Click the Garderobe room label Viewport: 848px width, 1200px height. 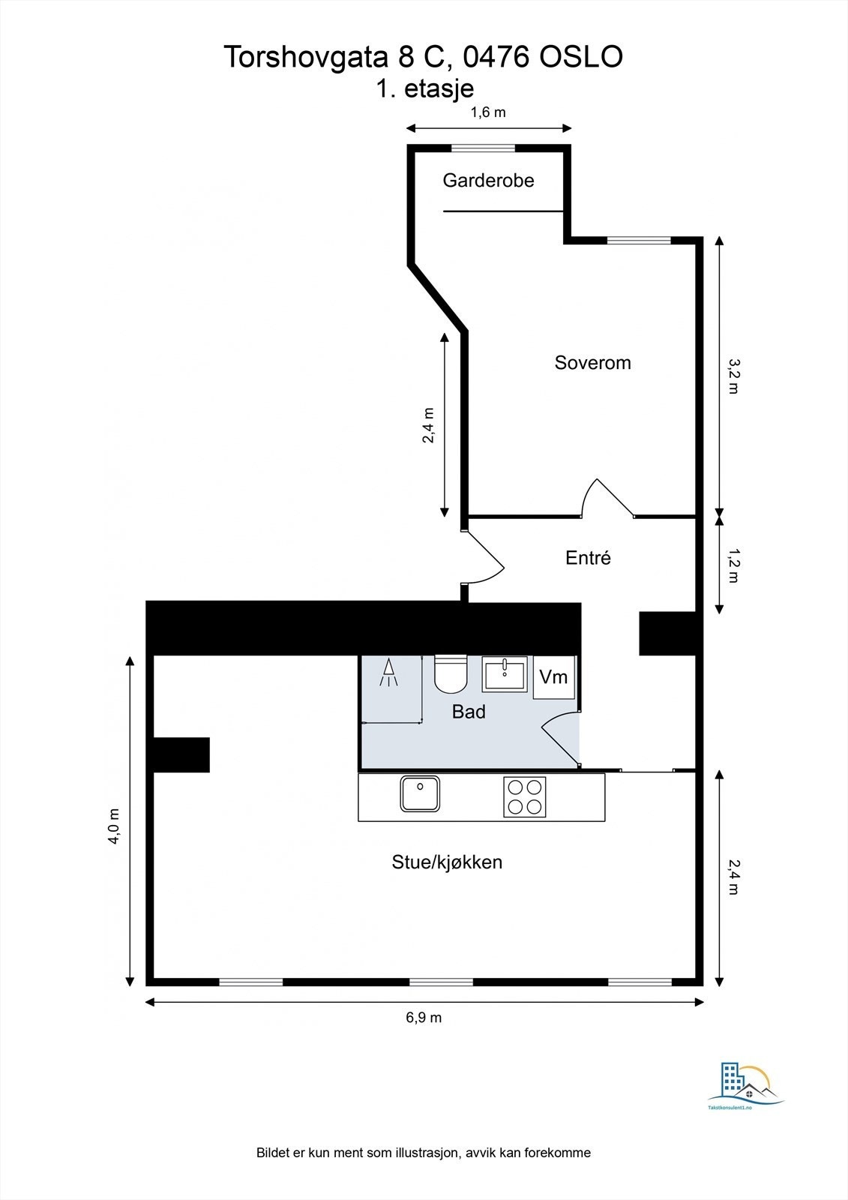488,180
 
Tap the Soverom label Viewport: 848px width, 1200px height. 592,363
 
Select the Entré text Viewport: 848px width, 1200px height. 588,558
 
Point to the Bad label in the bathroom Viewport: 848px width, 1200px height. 469,712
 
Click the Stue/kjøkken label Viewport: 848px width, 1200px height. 447,862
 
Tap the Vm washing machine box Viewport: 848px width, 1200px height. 554,677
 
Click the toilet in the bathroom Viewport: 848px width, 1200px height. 451,673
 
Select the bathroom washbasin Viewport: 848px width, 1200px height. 505,673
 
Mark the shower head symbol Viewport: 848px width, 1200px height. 389,673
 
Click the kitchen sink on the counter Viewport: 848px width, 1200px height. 420,794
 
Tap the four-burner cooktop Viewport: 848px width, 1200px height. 524,797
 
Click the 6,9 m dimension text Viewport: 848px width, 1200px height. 424,1018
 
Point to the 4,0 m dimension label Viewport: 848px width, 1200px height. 114,826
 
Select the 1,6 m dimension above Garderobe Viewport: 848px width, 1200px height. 488,112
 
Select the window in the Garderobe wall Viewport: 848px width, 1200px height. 488,148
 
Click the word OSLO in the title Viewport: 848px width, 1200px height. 581,57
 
